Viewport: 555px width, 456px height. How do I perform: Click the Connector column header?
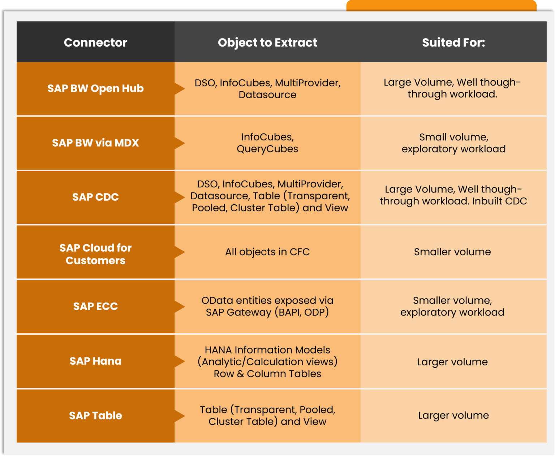(95, 43)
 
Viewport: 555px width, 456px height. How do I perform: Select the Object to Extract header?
(267, 43)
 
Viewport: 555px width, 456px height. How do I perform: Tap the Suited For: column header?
(453, 43)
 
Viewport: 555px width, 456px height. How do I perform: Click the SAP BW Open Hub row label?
(95, 88)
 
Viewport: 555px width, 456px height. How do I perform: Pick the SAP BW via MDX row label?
(95, 143)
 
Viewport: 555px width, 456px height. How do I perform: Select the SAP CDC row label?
(95, 197)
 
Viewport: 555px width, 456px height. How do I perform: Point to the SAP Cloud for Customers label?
(95, 254)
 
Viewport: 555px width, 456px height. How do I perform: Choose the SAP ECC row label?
(95, 307)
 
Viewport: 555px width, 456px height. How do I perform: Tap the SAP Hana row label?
(95, 361)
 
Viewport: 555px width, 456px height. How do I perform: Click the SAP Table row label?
(95, 416)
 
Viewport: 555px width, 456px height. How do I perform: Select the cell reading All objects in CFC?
(267, 252)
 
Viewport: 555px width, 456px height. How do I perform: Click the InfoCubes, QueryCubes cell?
(267, 143)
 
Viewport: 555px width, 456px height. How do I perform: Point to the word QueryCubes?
(267, 149)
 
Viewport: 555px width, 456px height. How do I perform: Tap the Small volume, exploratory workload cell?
(453, 143)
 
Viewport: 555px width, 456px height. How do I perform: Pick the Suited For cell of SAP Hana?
(452, 362)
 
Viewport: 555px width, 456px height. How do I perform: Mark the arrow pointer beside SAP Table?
(180, 416)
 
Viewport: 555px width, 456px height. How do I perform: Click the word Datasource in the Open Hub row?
(267, 95)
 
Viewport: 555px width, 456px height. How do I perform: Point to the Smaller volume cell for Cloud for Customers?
(452, 252)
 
